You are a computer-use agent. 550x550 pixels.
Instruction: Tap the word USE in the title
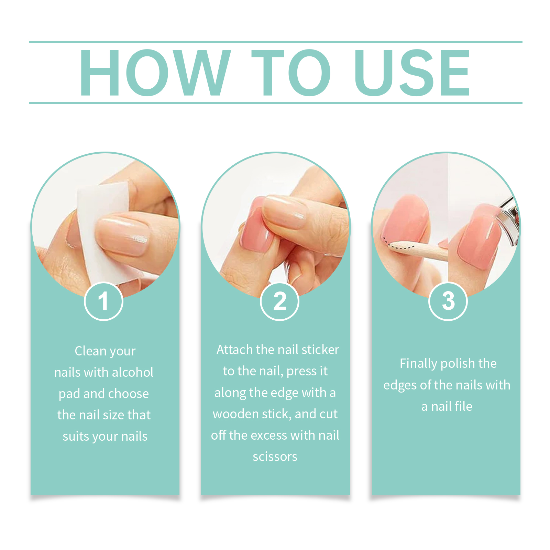(x=412, y=72)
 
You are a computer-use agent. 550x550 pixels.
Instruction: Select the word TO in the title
(x=291, y=72)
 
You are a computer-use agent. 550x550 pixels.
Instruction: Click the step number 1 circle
(x=103, y=301)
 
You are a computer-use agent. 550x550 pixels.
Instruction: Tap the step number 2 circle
(x=279, y=301)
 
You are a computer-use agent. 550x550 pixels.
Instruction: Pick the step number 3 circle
(x=448, y=301)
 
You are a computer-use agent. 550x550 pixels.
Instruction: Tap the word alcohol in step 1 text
(x=133, y=372)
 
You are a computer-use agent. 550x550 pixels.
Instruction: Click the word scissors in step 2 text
(x=275, y=456)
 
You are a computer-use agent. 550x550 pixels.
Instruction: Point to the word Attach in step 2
(x=235, y=350)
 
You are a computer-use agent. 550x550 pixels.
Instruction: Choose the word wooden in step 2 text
(x=236, y=414)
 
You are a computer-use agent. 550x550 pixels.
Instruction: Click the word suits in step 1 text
(x=76, y=437)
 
